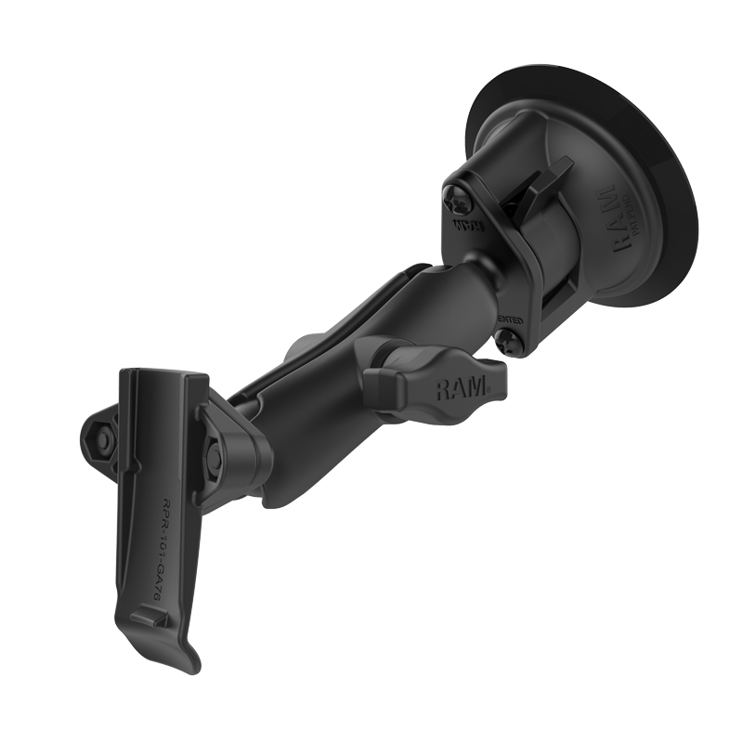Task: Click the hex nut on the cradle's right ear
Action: [x=215, y=454]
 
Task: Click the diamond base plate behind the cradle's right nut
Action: [x=237, y=450]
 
